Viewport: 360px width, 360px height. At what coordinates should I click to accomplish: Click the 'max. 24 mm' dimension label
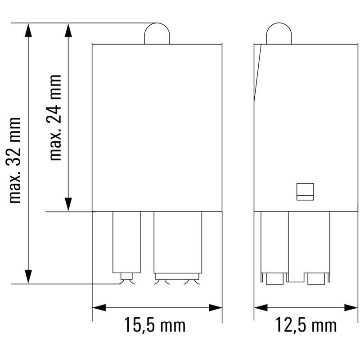[55, 117]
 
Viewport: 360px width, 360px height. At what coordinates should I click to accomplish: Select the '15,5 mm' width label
[155, 324]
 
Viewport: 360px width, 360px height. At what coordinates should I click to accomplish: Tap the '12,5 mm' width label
[306, 324]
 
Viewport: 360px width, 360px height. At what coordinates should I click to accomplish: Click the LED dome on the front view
[157, 34]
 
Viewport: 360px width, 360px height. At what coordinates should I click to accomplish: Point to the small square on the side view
[305, 191]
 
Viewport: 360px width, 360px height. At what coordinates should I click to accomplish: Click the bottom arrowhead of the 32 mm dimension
[28, 277]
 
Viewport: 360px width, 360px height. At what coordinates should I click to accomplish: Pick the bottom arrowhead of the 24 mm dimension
[68, 204]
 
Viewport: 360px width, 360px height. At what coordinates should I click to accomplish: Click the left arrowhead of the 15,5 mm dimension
[99, 308]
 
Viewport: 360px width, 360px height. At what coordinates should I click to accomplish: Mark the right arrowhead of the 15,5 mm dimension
[216, 308]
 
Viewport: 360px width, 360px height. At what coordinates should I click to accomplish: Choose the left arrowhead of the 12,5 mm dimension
[261, 308]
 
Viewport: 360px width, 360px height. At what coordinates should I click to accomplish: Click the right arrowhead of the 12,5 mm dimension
[351, 308]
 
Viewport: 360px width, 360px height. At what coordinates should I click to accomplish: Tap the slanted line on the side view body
[258, 72]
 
